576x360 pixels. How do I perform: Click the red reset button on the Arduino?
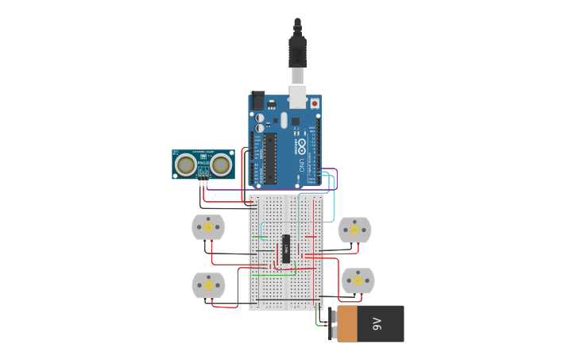pyautogui.click(x=315, y=103)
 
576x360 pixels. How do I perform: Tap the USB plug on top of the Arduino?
pyautogui.click(x=297, y=52)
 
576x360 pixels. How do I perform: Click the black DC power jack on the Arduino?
pyautogui.click(x=257, y=101)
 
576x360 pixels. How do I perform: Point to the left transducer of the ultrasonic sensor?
pyautogui.click(x=187, y=165)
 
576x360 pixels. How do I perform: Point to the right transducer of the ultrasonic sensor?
pyautogui.click(x=221, y=165)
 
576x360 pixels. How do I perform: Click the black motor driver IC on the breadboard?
pyautogui.click(x=286, y=248)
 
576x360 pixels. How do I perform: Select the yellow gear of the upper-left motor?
pyautogui.click(x=208, y=227)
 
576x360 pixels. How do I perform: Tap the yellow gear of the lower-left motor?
pyautogui.click(x=208, y=285)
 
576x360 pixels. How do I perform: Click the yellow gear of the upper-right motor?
pyautogui.click(x=354, y=230)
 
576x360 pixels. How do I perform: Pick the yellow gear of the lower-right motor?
pyautogui.click(x=358, y=280)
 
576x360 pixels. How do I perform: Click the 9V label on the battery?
pyautogui.click(x=377, y=323)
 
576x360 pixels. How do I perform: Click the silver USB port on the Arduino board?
pyautogui.click(x=297, y=96)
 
